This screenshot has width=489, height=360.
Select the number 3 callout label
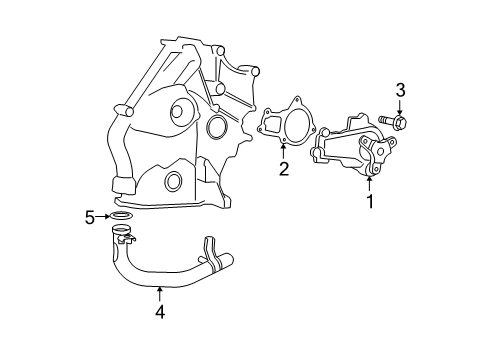[400, 92]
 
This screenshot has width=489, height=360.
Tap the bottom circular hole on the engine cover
[173, 181]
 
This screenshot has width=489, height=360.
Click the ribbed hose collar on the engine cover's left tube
[123, 183]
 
